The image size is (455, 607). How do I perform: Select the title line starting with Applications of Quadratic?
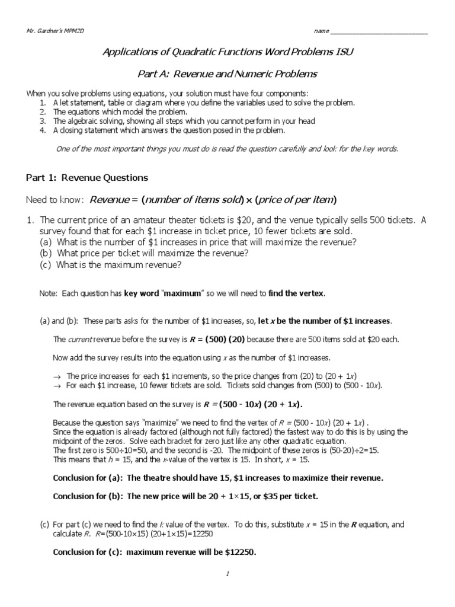coord(227,53)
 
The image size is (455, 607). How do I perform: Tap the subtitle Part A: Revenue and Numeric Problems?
coord(227,74)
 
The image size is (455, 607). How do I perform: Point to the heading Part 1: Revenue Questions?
coord(86,177)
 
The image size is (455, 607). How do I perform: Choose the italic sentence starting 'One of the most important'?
coord(227,149)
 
